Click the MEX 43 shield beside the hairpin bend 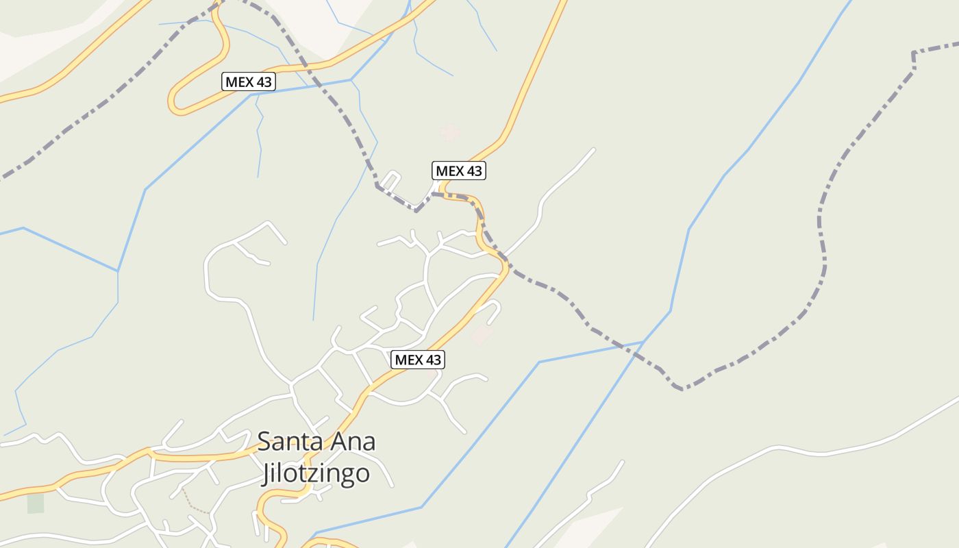click(x=249, y=82)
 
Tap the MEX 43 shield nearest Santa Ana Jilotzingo click(x=418, y=360)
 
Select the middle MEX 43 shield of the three click(x=459, y=171)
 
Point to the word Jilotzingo click(x=315, y=473)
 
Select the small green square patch click(x=36, y=503)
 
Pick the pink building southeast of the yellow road click(x=482, y=336)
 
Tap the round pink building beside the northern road click(x=449, y=131)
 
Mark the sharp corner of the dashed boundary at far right click(x=914, y=53)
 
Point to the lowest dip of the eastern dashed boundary click(x=682, y=389)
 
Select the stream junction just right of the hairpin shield click(x=351, y=80)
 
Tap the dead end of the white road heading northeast click(x=593, y=149)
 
